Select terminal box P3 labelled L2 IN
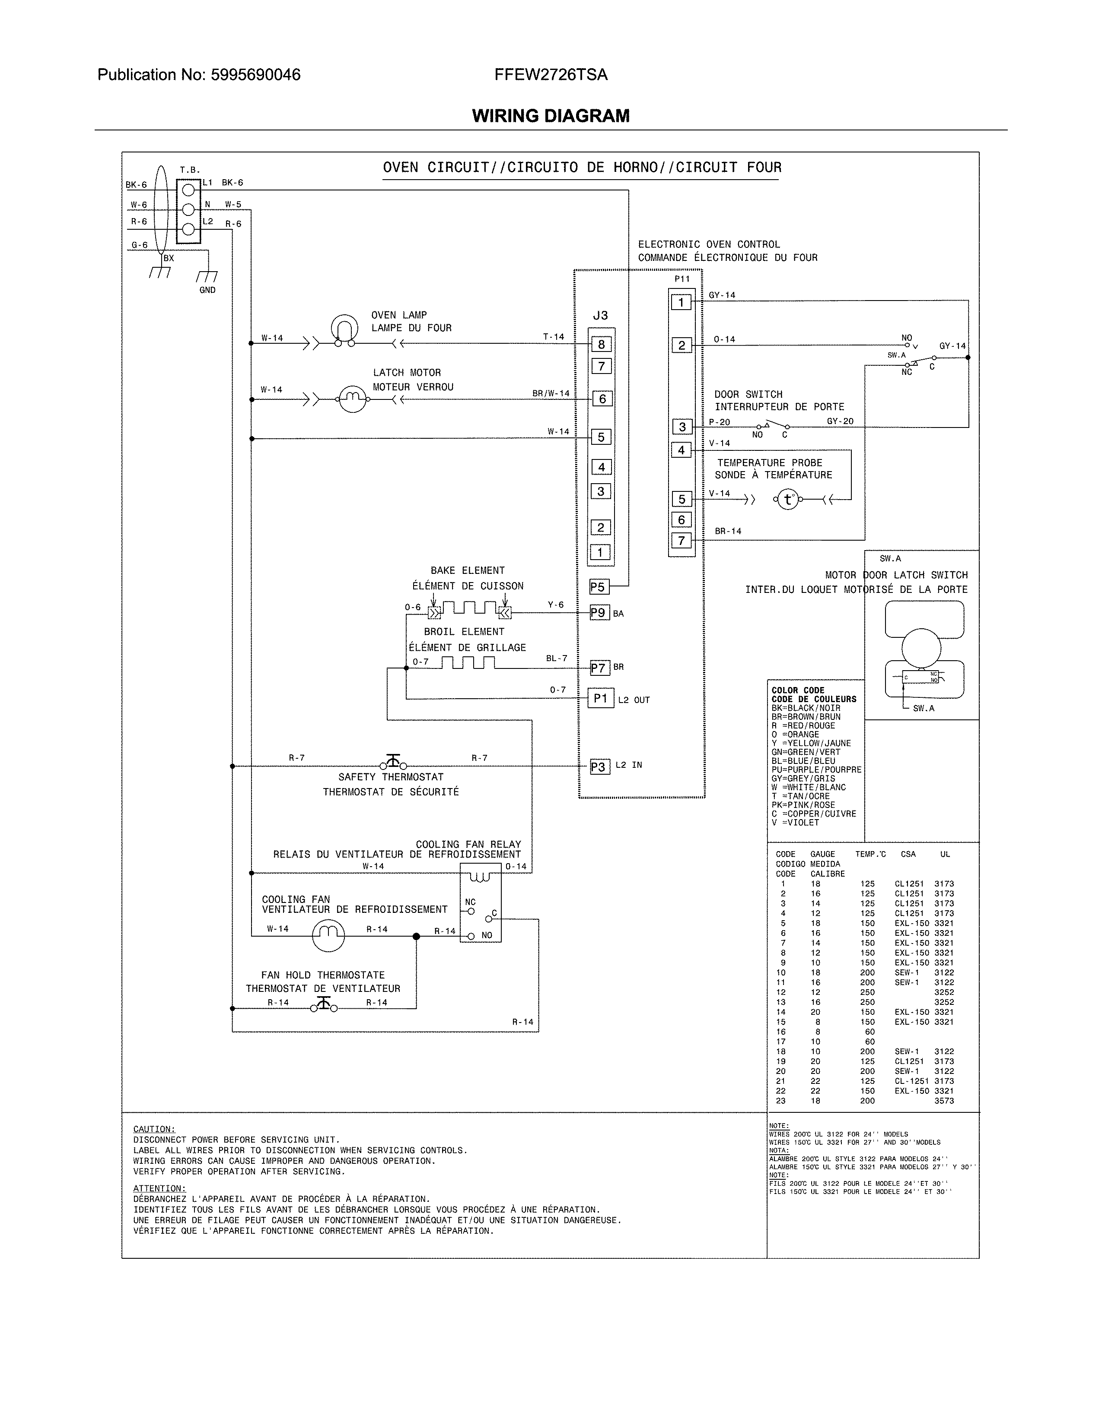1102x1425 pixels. tap(599, 766)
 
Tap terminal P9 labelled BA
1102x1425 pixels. tap(599, 613)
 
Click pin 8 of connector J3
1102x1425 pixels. tap(601, 345)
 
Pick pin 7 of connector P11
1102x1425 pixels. tap(682, 540)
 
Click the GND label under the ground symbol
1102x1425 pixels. tap(207, 290)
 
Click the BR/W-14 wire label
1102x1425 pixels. tap(550, 393)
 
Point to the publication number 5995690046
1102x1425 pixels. tap(255, 75)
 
